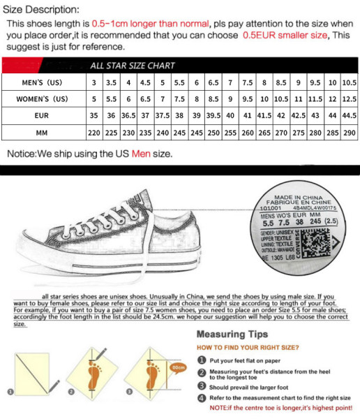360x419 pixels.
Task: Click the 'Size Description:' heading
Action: (x=41, y=10)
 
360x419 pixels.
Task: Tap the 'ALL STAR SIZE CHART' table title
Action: (x=133, y=66)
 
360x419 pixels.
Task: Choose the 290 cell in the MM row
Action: (x=350, y=132)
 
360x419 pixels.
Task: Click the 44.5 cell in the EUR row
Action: (x=350, y=115)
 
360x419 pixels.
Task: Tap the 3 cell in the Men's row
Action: (x=93, y=82)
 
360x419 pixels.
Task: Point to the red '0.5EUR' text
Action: (x=260, y=35)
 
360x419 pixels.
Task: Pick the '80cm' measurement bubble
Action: (x=178, y=367)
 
